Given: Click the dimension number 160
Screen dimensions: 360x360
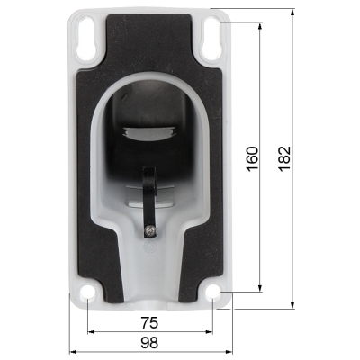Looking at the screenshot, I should point(252,160).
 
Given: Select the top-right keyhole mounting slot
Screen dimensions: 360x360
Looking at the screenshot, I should point(212,35).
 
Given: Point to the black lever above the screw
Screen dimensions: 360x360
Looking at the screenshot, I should point(149,193).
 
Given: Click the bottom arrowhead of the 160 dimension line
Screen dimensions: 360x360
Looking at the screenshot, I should point(262,288).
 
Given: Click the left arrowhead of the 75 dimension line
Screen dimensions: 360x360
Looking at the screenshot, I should point(92,332).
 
